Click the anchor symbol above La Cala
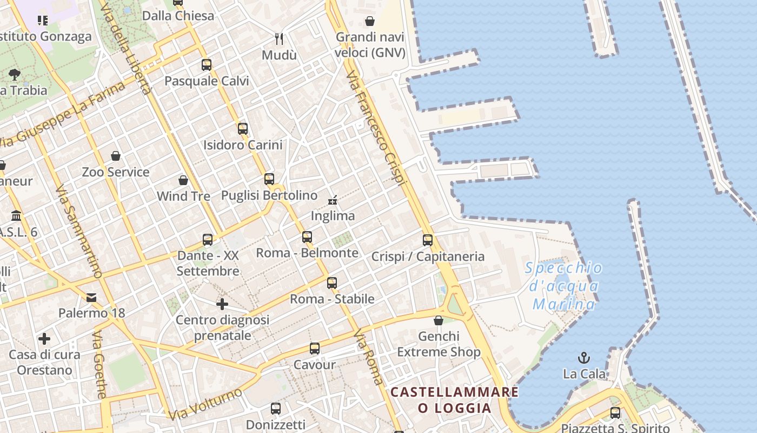[x=584, y=358]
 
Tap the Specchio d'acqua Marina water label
[x=564, y=286]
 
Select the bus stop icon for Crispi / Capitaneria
[x=428, y=240]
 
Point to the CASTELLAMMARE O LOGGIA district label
[x=454, y=399]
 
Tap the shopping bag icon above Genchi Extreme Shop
[x=439, y=320]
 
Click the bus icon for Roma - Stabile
[x=332, y=283]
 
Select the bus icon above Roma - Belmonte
[x=307, y=237]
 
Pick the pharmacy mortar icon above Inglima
[x=333, y=200]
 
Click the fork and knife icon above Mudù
[x=279, y=38]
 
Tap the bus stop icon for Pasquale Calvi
[x=207, y=65]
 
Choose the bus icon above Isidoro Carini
[x=243, y=129]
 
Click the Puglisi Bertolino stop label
[x=269, y=195]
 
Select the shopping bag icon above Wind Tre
[x=183, y=180]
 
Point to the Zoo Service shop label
[x=115, y=172]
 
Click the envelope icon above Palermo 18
[x=91, y=297]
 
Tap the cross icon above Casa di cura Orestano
[x=44, y=339]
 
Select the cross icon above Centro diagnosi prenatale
[x=222, y=304]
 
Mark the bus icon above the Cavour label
[x=315, y=349]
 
